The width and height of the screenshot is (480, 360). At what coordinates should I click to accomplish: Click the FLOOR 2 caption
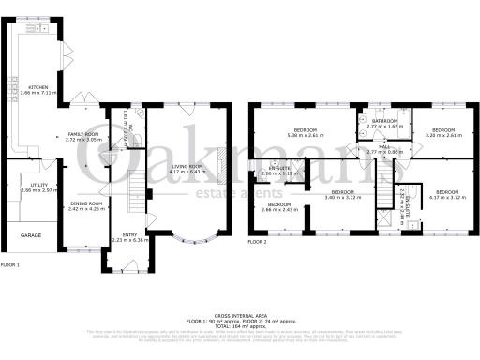point(259,242)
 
